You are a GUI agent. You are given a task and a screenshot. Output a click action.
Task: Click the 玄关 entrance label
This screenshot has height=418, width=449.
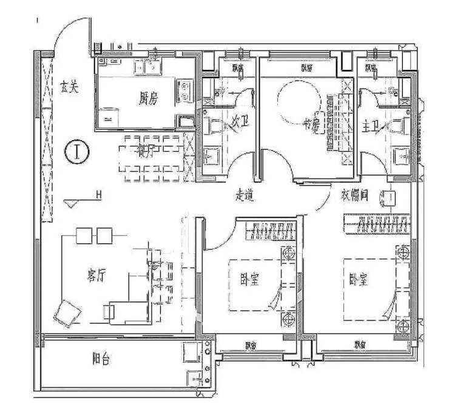tap(69, 87)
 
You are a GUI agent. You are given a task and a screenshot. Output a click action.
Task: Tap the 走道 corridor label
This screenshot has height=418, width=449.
tap(244, 195)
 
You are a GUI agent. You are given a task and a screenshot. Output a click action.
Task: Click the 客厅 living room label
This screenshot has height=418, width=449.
tap(96, 276)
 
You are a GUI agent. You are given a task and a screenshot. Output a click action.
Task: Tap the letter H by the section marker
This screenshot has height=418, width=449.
tap(97, 195)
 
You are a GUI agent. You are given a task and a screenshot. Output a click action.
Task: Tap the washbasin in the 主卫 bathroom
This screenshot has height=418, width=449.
tap(400, 157)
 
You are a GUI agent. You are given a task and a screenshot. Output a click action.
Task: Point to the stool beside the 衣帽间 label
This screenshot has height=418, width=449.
tap(389, 198)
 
